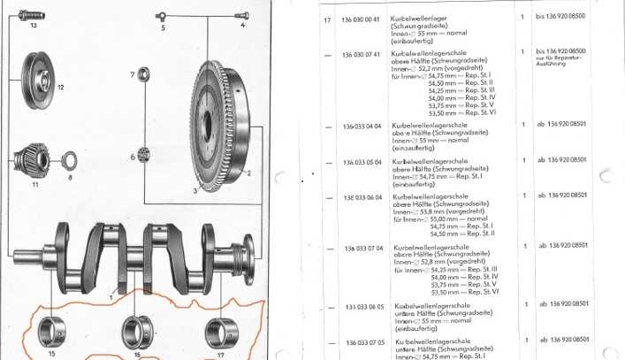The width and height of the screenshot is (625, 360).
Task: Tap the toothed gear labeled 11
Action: (38, 162)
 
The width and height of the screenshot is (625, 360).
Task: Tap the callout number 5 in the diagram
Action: (163, 28)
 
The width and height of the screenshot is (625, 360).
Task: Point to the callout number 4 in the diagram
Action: (243, 27)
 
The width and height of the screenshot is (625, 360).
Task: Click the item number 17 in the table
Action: (327, 19)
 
